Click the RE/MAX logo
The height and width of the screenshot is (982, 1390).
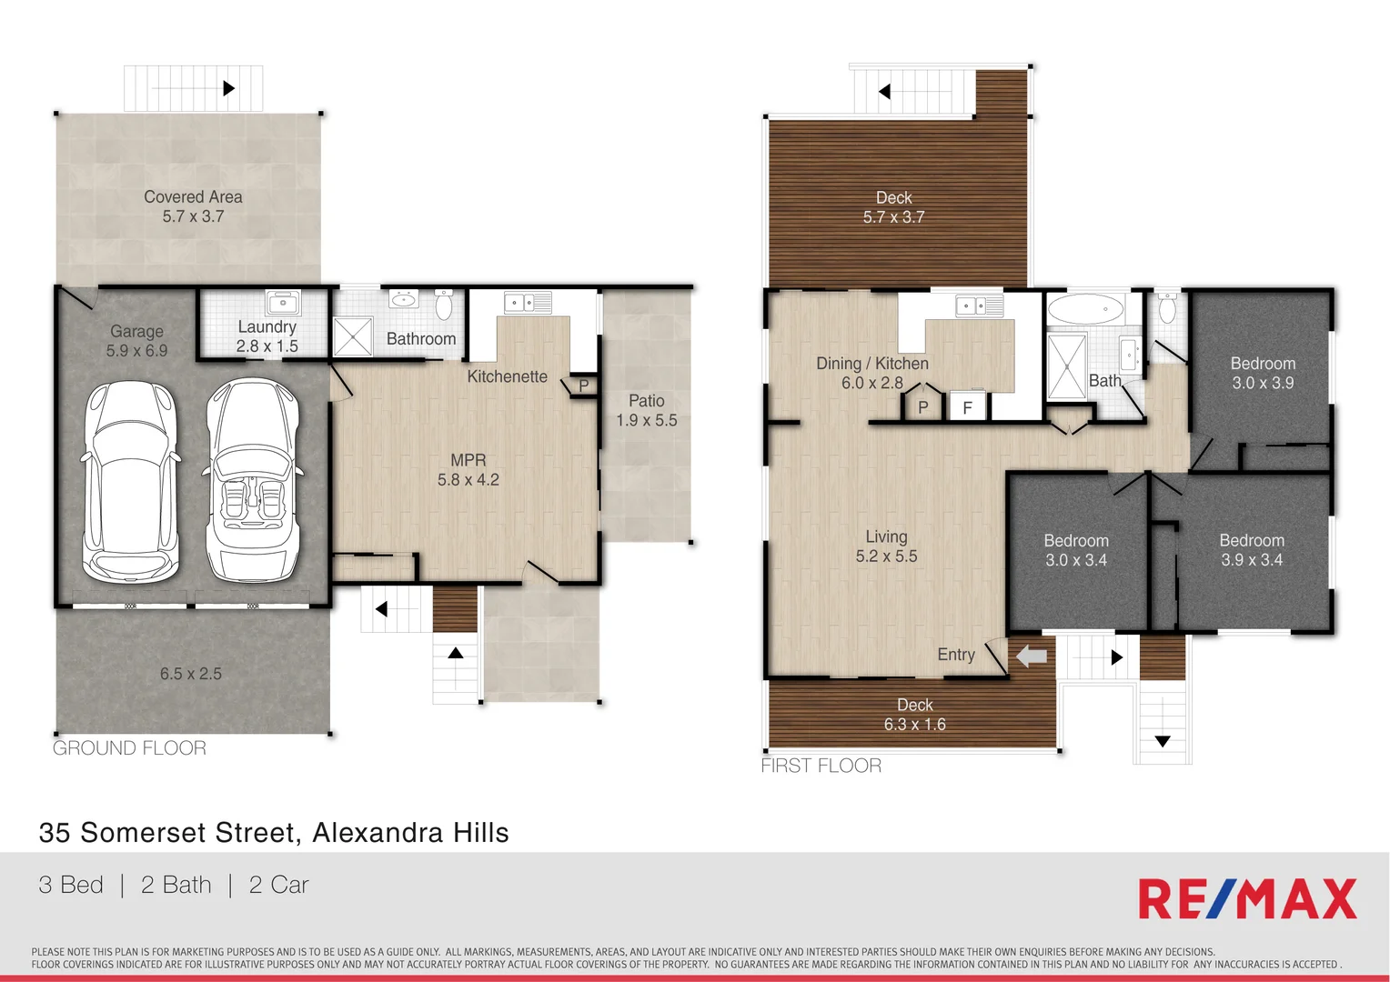point(1246,899)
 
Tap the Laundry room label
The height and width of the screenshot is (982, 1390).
point(267,336)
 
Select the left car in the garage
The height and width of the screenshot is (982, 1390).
point(130,480)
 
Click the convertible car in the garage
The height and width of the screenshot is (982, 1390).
point(252,480)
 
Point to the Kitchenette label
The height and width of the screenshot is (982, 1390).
point(507,376)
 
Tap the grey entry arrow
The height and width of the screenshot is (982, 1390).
point(1031,656)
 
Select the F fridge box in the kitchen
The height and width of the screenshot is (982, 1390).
point(967,407)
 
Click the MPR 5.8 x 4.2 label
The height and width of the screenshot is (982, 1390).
point(468,470)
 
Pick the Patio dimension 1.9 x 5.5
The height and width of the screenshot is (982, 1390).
point(647,420)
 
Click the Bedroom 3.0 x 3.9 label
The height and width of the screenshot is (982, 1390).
point(1263,373)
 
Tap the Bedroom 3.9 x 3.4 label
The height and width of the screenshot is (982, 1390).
point(1252,550)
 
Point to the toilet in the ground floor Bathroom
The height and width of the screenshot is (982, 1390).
point(444,305)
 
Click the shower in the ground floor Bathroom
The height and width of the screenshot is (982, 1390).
point(352,336)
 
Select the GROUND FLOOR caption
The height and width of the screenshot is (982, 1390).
point(129,748)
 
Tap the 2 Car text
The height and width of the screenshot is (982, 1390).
point(278,885)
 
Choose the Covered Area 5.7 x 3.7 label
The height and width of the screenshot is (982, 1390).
point(193,206)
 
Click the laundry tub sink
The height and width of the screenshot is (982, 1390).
point(283,302)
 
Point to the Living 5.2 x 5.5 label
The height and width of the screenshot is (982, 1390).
point(886,546)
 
